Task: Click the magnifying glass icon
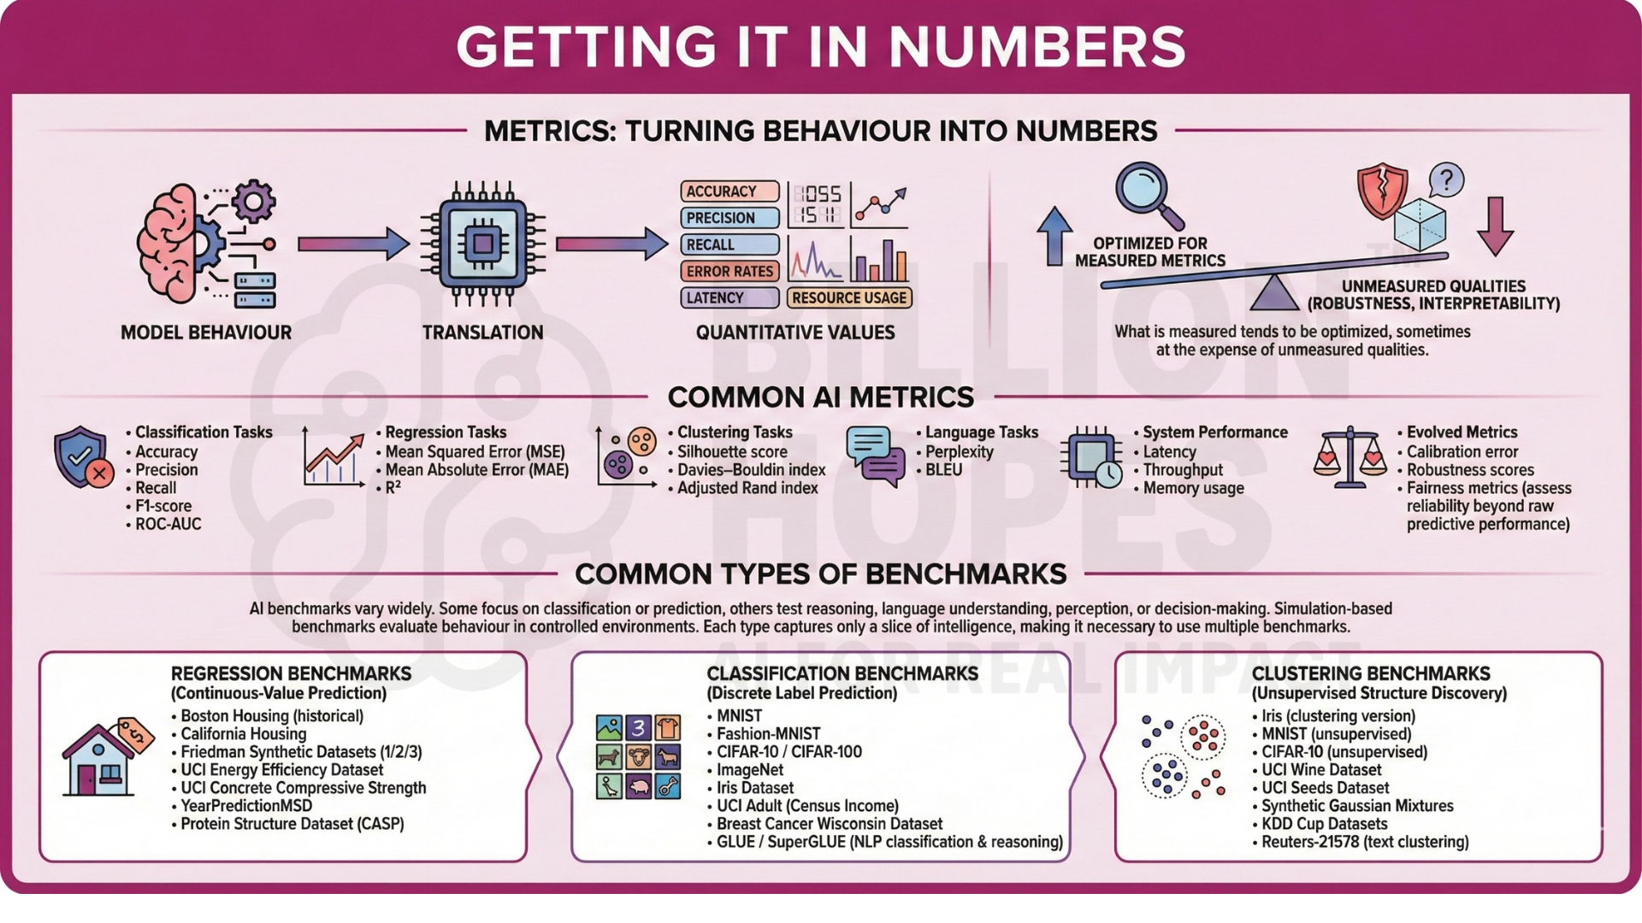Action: (1149, 195)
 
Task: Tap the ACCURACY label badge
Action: (729, 191)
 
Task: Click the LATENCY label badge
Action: (729, 297)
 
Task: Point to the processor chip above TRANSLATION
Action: (483, 244)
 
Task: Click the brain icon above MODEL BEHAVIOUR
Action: (175, 244)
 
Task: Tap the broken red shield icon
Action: (1382, 191)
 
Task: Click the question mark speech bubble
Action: (1445, 181)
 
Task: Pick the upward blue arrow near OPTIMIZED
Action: (1054, 236)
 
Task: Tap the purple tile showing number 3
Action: (638, 727)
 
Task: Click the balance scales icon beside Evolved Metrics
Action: (1350, 457)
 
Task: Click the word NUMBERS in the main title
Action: (1037, 47)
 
